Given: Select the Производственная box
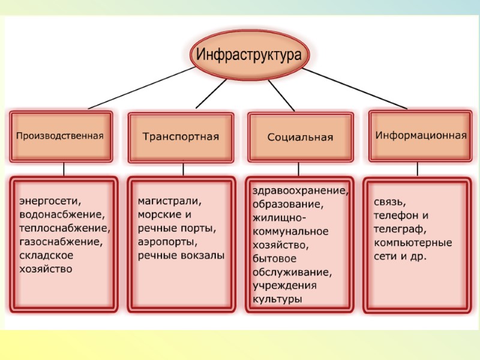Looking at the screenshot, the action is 60,136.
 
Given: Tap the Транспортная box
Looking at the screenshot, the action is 181,137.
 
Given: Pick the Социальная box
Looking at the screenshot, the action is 300,137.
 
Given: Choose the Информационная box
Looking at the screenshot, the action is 421,135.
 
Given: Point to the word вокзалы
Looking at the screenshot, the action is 202,256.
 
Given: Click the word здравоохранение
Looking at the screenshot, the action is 300,191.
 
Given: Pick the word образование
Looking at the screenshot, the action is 288,205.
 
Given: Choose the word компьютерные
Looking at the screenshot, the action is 413,242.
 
